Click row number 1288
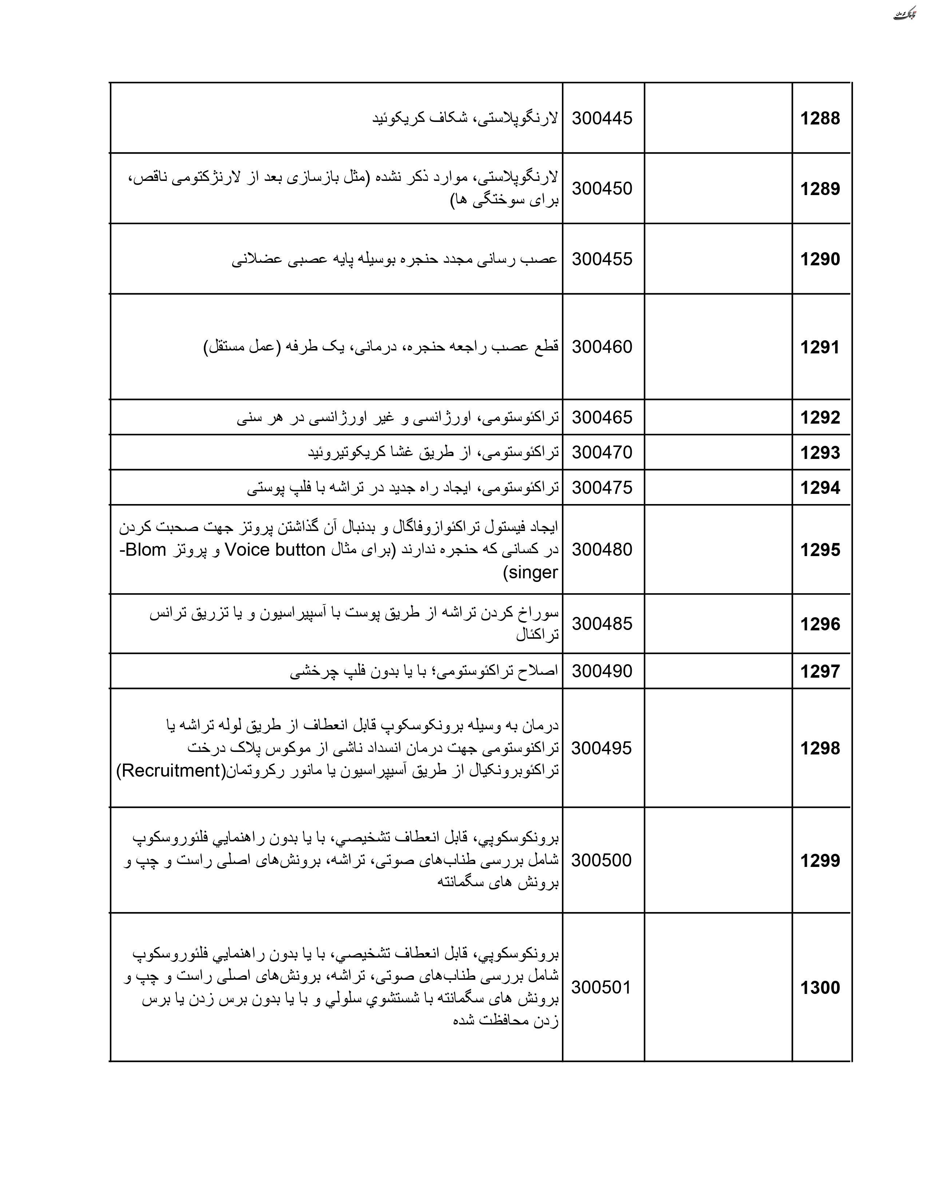pyautogui.click(x=820, y=118)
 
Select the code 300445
pyautogui.click(x=602, y=118)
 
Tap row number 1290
pyautogui.click(x=820, y=259)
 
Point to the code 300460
pyautogui.click(x=602, y=347)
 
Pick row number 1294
pyautogui.click(x=820, y=488)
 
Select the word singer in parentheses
pyautogui.click(x=531, y=572)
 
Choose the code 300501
pyautogui.click(x=601, y=987)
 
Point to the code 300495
pyautogui.click(x=601, y=748)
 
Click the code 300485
pyautogui.click(x=602, y=623)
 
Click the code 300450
pyautogui.click(x=602, y=189)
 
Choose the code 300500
pyautogui.click(x=601, y=860)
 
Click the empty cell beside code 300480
pyautogui.click(x=718, y=549)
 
